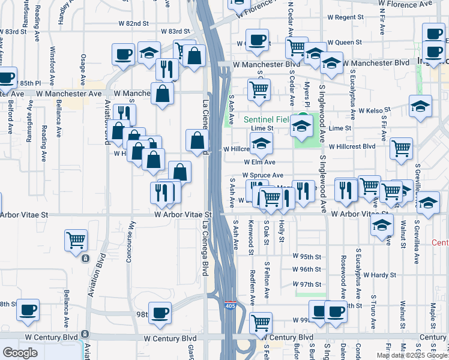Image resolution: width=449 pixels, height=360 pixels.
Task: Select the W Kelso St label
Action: click(375, 110)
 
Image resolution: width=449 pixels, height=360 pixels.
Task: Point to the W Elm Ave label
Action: click(259, 162)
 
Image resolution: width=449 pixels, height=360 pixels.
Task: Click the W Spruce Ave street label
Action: click(262, 175)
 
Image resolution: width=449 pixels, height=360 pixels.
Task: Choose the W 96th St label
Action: click(307, 269)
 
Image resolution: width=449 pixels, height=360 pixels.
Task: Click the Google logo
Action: click(20, 353)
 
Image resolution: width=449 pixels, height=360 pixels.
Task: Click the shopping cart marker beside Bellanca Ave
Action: click(76, 241)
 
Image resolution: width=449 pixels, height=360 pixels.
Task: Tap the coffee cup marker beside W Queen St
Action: click(258, 40)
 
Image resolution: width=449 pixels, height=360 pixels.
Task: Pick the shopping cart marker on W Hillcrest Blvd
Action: click(400, 148)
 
